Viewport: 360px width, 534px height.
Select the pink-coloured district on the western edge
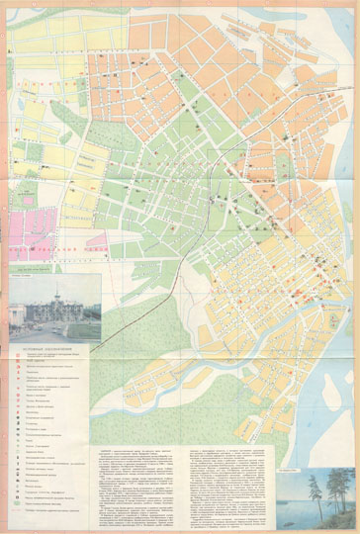tap(30, 222)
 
